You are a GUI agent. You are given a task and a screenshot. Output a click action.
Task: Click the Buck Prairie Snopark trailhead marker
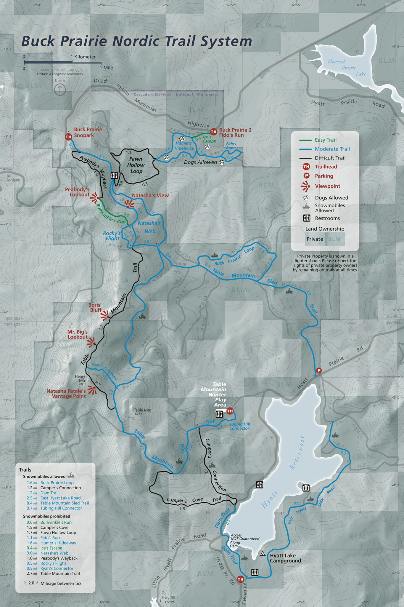[68, 137]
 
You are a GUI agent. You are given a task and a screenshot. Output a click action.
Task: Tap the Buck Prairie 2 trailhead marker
[213, 132]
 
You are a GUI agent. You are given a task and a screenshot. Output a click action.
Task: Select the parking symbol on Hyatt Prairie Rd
[319, 370]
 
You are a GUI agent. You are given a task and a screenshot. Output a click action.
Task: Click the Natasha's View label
[150, 195]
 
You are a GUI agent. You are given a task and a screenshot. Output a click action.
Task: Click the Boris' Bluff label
[96, 307]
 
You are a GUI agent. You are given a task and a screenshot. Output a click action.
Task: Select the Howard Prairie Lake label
[347, 68]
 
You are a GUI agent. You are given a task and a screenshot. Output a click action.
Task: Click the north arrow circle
[60, 89]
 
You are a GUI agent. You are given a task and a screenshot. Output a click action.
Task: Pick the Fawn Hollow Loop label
[136, 165]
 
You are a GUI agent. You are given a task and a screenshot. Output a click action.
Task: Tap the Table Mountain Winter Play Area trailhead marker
[230, 411]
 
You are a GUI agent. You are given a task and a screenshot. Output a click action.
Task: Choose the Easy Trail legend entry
[326, 140]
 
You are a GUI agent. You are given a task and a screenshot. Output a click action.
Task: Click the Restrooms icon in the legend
[307, 218]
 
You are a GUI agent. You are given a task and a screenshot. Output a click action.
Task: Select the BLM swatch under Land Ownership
[334, 239]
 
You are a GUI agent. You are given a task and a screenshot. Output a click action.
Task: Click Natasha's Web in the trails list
[54, 553]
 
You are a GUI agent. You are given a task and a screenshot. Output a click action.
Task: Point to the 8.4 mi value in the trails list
[31, 503]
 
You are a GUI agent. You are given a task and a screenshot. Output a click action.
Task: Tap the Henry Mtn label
[81, 378]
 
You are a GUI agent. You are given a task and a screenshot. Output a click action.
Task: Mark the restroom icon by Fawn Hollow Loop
[114, 175]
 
